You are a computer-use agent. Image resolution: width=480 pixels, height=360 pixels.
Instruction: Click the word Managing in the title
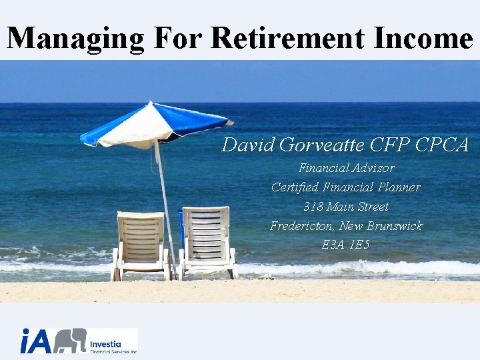75,38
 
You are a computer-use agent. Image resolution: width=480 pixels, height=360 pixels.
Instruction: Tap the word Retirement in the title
289,38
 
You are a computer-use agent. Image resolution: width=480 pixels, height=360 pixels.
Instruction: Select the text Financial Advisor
346,168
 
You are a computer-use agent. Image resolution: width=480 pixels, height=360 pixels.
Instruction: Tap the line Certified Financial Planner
346,187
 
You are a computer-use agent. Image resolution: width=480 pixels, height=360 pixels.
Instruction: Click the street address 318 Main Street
346,207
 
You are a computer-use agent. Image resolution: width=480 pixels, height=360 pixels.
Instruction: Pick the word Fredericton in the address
301,226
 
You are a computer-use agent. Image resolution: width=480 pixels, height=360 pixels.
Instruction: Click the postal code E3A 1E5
345,245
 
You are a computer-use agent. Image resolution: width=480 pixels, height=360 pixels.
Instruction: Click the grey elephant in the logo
70,341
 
